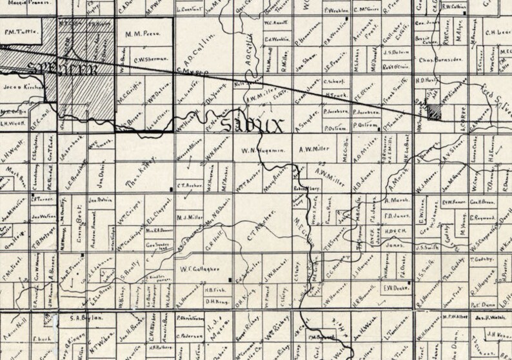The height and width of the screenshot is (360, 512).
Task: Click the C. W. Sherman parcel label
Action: tap(148, 59)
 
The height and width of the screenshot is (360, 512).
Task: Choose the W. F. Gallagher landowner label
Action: tap(197, 266)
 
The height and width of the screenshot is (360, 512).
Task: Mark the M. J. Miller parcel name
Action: tap(190, 217)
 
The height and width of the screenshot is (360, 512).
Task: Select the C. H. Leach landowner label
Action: tap(498, 32)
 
